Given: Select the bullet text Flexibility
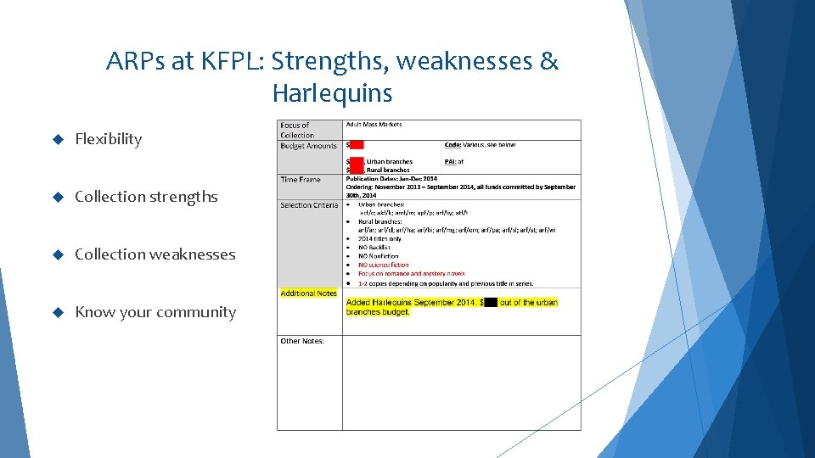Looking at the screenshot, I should click(108, 139).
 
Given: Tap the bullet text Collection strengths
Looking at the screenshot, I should click(146, 197).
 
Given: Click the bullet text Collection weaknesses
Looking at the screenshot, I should click(155, 254).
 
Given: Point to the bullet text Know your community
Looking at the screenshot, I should click(155, 312).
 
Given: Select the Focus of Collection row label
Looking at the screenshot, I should click(296, 130).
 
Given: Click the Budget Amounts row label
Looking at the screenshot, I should click(308, 146).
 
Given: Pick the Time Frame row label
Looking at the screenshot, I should click(301, 180).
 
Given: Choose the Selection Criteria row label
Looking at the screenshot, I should click(308, 205).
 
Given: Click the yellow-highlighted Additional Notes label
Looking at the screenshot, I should click(308, 293).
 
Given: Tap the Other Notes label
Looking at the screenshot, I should click(302, 341).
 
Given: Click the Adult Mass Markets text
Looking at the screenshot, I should click(374, 125).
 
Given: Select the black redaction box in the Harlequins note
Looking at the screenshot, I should click(491, 302).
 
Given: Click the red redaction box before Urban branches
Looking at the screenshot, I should click(356, 161).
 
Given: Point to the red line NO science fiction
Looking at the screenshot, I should click(383, 265).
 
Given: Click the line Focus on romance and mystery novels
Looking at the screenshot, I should click(411, 274).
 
